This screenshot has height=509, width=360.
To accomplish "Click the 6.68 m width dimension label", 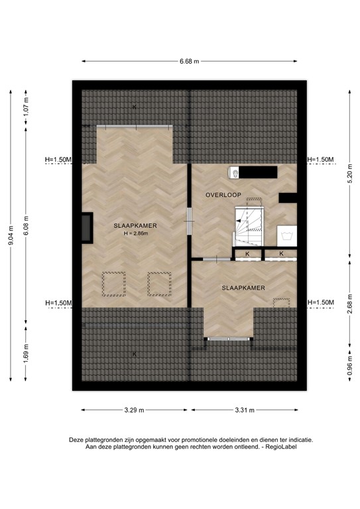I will coord(190,61).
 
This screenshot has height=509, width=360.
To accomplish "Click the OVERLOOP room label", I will coord(223,195).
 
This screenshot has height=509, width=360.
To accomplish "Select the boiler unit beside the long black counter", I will coord(234,172).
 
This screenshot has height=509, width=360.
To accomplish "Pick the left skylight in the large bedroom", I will coord(113,284).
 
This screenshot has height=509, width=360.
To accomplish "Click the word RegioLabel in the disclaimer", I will coord(280,447).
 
